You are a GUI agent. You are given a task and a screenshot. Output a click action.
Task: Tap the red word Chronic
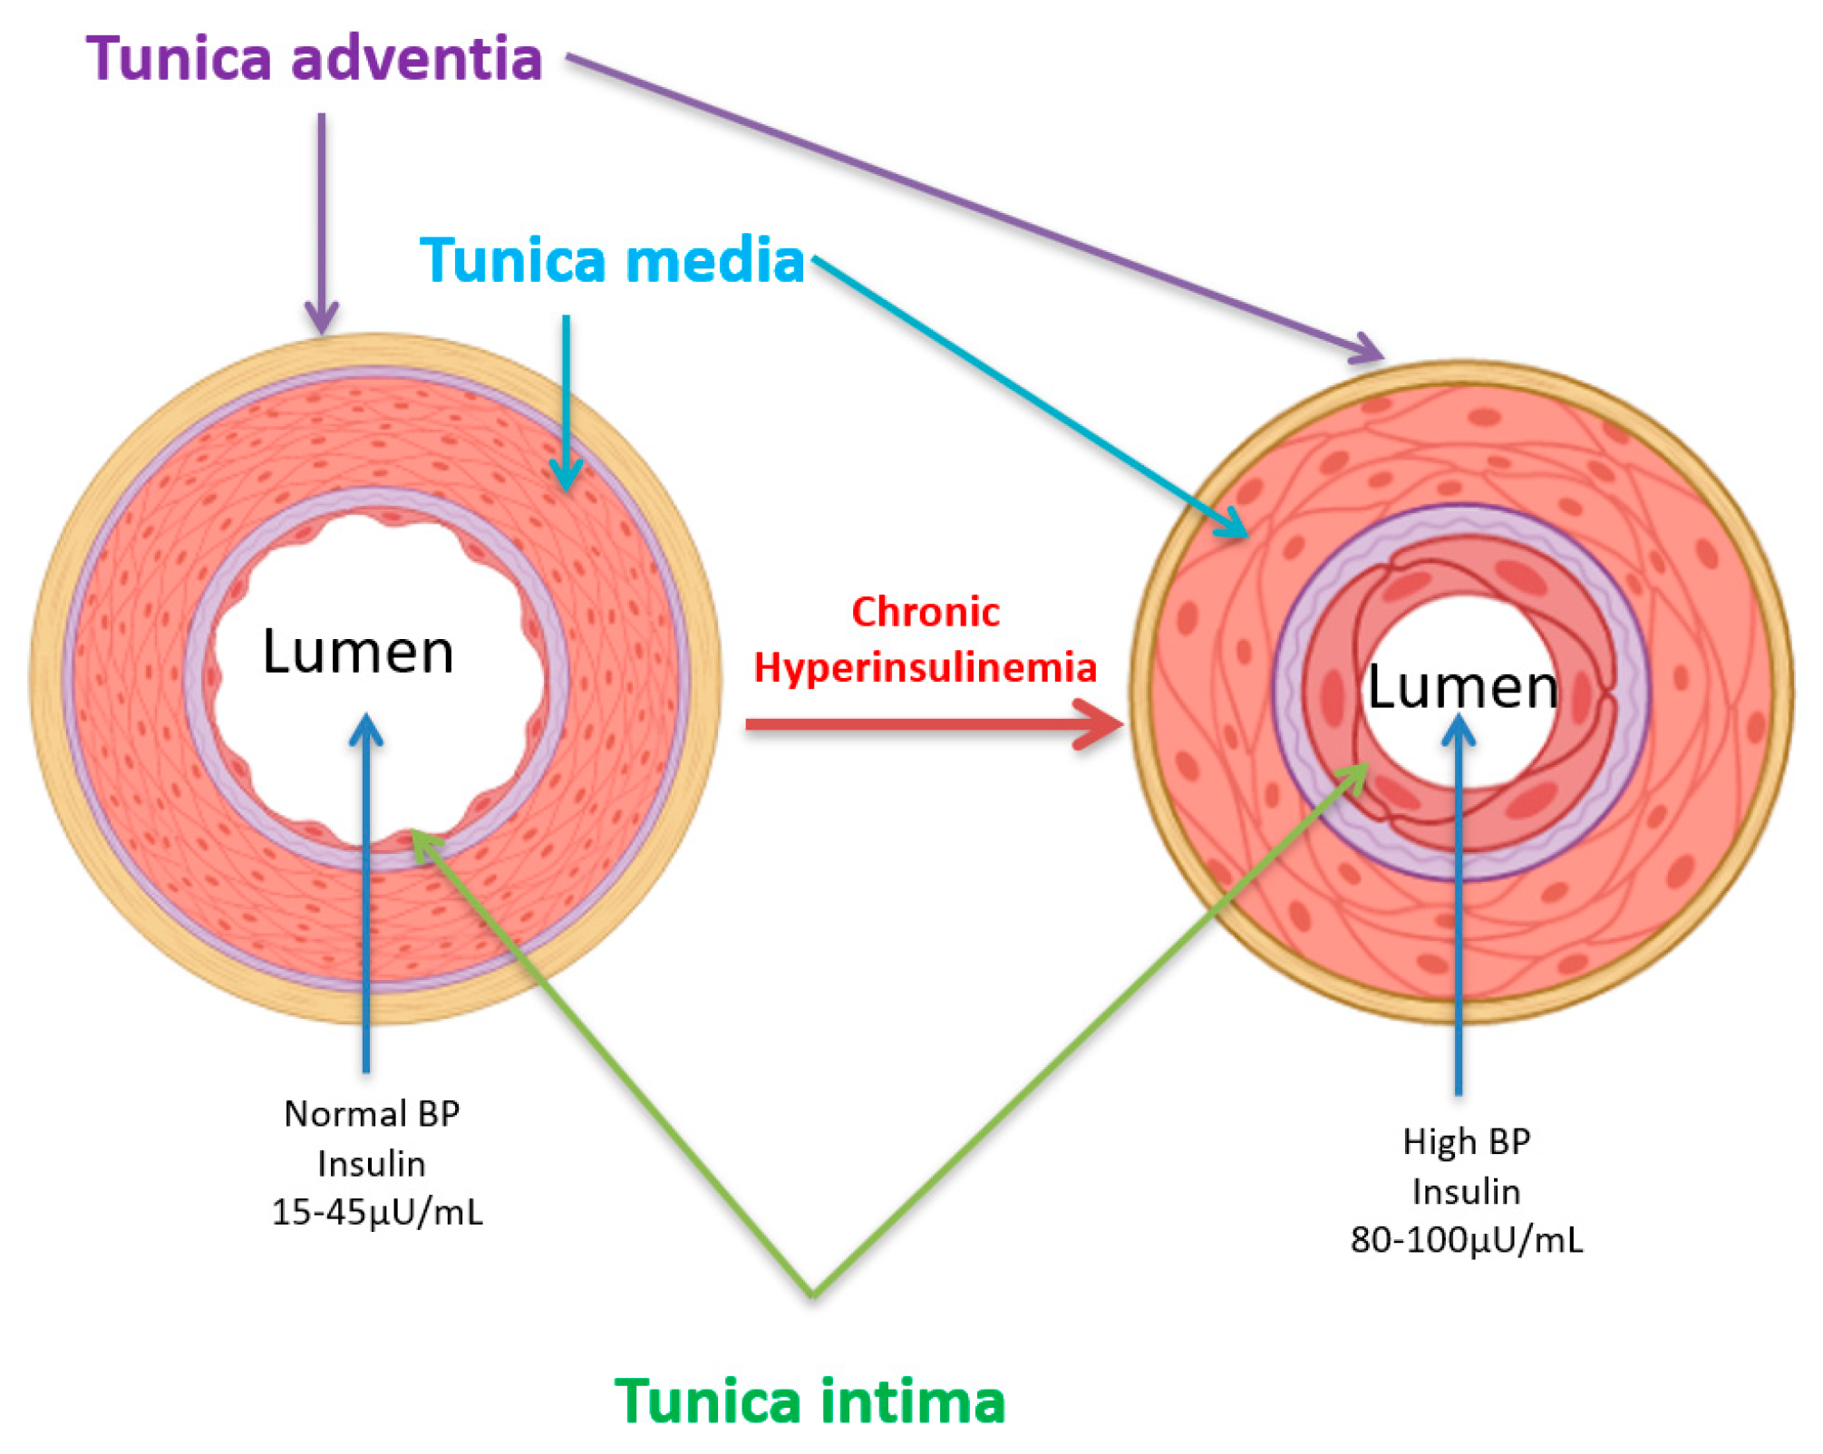point(926,613)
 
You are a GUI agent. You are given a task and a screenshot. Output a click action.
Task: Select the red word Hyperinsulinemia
point(926,668)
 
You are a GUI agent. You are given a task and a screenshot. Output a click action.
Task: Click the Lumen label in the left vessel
point(358,652)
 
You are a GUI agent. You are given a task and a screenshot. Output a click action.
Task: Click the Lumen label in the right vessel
point(1462,687)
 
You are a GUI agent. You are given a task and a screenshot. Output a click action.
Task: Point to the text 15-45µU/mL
point(377,1212)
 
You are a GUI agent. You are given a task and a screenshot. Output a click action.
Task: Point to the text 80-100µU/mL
point(1467,1239)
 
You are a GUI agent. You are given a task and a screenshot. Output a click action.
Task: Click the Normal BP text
point(372,1114)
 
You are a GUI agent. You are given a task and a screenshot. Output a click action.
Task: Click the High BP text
point(1467,1141)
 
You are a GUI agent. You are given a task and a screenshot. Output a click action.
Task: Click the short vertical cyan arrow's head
point(566,475)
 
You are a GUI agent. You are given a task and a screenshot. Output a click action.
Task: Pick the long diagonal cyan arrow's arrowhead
point(1236,525)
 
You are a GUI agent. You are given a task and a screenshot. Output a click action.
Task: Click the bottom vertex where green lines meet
point(813,1293)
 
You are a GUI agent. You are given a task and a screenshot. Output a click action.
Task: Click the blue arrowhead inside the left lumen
point(366,731)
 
